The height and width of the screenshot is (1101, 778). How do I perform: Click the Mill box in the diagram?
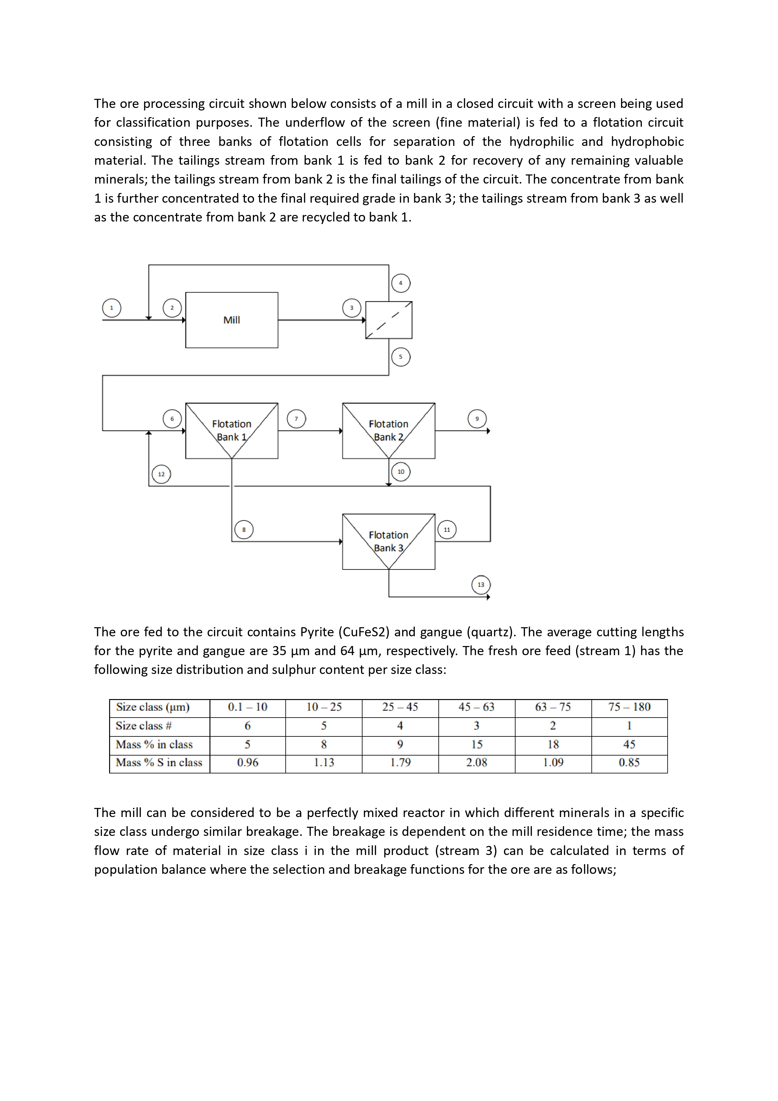point(231,320)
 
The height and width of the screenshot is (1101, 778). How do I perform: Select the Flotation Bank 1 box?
point(231,430)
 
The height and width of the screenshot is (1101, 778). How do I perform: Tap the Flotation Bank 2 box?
point(388,430)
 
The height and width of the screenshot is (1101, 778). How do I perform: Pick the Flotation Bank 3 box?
point(388,541)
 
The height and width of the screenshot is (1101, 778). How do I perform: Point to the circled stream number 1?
point(112,308)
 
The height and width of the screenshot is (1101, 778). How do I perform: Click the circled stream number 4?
point(401,283)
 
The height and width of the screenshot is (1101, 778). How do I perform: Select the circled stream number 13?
point(481,585)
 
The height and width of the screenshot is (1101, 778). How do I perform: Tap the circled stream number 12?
point(161,474)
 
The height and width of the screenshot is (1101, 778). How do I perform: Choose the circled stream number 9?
point(477,419)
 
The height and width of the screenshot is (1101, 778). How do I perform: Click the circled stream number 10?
point(401,471)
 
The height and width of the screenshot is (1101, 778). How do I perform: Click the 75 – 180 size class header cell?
point(629,707)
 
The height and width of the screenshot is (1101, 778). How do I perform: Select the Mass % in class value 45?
point(629,744)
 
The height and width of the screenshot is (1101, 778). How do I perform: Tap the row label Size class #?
point(144,725)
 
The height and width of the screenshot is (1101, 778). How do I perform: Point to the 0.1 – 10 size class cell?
point(247,707)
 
